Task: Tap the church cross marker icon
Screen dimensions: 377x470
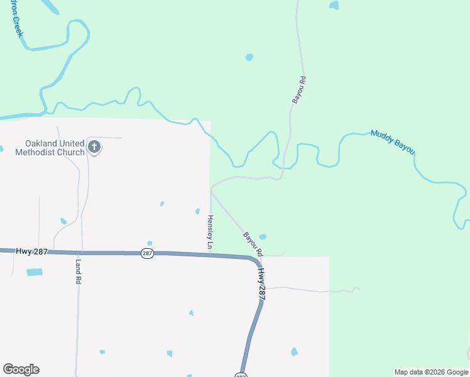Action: [x=94, y=148]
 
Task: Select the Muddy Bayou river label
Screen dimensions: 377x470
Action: [x=393, y=143]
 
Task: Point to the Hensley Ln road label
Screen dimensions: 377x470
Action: [x=210, y=231]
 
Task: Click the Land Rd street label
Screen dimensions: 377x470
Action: [x=79, y=270]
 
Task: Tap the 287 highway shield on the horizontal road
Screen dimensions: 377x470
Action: [x=147, y=253]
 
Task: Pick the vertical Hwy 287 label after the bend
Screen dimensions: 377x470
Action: [x=261, y=284]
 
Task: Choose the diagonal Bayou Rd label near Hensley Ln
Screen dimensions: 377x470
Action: [x=253, y=244]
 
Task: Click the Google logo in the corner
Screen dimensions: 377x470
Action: [x=21, y=369]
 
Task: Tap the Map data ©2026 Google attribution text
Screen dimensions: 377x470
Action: [x=432, y=372]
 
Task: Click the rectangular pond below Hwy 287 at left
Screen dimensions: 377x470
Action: [x=35, y=272]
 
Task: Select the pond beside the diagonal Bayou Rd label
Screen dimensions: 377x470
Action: [x=263, y=237]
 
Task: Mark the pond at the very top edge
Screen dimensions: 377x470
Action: [x=334, y=5]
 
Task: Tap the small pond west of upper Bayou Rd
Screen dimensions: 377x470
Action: [x=249, y=57]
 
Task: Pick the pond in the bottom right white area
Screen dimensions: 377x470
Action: [x=294, y=352]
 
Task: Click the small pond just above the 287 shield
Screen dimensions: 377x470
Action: [x=150, y=243]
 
